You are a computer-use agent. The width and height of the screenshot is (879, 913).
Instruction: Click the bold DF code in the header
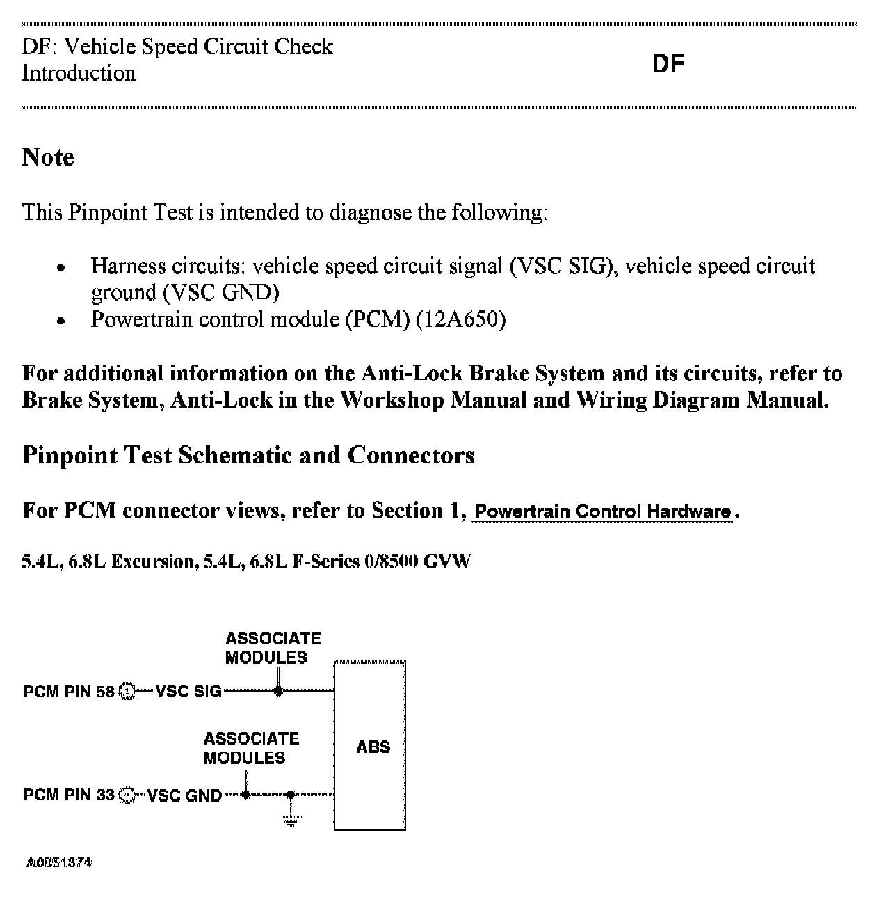668,64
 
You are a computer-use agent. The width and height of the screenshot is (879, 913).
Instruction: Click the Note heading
48,157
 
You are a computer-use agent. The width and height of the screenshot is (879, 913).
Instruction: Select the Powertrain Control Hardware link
602,512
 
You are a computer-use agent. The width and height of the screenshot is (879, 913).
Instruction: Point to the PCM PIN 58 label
68,692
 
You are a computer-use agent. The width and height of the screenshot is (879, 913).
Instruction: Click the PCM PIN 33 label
68,795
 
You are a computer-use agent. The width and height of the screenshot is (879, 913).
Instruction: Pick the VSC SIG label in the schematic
188,692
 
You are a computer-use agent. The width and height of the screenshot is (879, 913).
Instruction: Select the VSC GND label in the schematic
184,795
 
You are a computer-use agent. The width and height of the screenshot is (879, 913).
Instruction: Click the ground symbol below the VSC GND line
291,818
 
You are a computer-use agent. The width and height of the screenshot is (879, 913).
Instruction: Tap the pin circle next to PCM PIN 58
127,692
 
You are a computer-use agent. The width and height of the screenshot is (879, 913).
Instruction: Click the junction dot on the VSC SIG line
278,691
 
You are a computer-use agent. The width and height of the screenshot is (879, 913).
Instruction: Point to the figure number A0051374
59,863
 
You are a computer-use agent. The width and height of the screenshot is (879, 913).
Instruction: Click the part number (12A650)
460,320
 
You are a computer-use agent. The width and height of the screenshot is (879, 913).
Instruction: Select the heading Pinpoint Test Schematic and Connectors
248,455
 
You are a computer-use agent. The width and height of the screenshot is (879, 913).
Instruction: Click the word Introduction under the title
79,73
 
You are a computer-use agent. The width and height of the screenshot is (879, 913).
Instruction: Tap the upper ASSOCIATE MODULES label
273,648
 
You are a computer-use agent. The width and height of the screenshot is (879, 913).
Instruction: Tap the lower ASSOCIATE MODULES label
251,748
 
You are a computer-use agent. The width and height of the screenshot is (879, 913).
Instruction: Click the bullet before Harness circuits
62,267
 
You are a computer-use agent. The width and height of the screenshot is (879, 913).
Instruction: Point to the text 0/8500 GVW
417,562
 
